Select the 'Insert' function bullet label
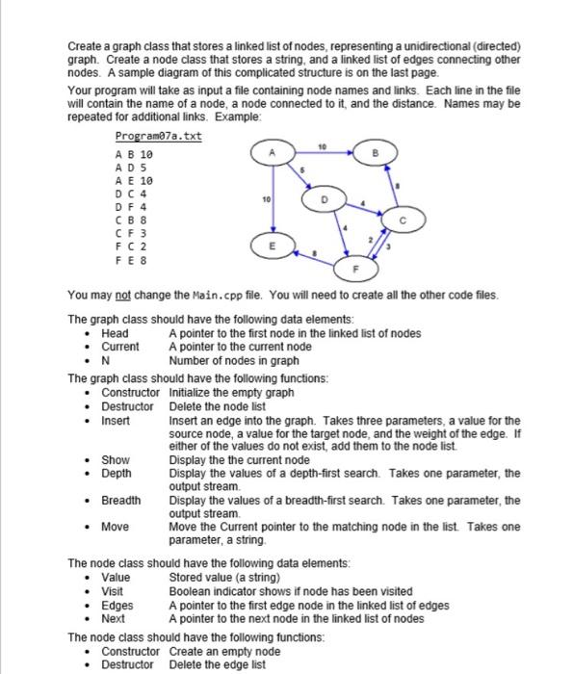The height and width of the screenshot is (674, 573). (116, 421)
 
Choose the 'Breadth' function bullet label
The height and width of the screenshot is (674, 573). (119, 501)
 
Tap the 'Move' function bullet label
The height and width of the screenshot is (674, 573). (115, 527)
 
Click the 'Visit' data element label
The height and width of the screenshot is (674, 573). (113, 590)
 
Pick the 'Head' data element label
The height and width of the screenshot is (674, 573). (115, 333)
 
